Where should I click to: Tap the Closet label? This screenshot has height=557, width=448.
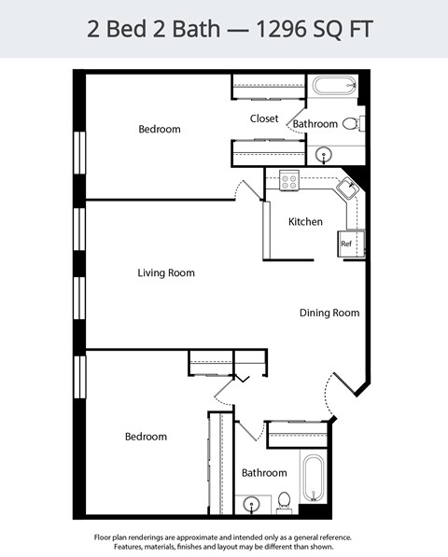(265, 118)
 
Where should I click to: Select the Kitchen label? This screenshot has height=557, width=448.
(305, 222)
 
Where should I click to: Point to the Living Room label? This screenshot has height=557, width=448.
(165, 273)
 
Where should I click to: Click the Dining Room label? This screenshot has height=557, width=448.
(329, 313)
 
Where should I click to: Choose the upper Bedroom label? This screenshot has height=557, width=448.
(159, 130)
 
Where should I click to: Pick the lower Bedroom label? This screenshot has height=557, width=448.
(146, 437)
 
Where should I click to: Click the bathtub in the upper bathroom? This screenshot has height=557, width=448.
(333, 87)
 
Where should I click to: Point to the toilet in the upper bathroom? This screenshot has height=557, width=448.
(350, 123)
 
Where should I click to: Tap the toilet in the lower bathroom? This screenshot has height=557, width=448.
(286, 501)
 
